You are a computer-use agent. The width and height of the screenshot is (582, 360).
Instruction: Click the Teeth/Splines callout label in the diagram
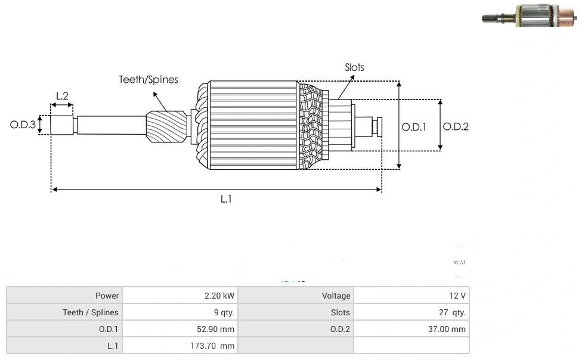[x=148, y=80]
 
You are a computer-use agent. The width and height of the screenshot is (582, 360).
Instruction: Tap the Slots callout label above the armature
[x=354, y=67]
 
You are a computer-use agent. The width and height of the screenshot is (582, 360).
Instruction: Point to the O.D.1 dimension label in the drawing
[x=414, y=127]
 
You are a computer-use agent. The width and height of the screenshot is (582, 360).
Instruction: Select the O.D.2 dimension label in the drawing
[x=456, y=126]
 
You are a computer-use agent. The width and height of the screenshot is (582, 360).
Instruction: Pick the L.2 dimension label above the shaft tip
[x=62, y=95]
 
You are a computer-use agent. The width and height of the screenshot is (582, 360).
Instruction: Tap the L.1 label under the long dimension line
[x=225, y=199]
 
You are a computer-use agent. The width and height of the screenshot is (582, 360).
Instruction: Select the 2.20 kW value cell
[x=219, y=296]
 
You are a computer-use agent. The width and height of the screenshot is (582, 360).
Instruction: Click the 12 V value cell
[x=458, y=296]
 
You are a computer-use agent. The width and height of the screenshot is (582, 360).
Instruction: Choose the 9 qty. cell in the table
[x=224, y=312]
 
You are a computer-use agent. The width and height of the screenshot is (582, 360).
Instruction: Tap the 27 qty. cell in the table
[x=453, y=312]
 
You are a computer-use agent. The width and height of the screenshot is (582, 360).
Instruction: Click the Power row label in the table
[x=107, y=296]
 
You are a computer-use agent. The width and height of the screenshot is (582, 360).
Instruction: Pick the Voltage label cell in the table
[x=336, y=296]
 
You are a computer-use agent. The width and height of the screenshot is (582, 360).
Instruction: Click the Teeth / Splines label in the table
[x=91, y=312]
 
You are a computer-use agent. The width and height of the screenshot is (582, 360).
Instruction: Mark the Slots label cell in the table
[x=340, y=312]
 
